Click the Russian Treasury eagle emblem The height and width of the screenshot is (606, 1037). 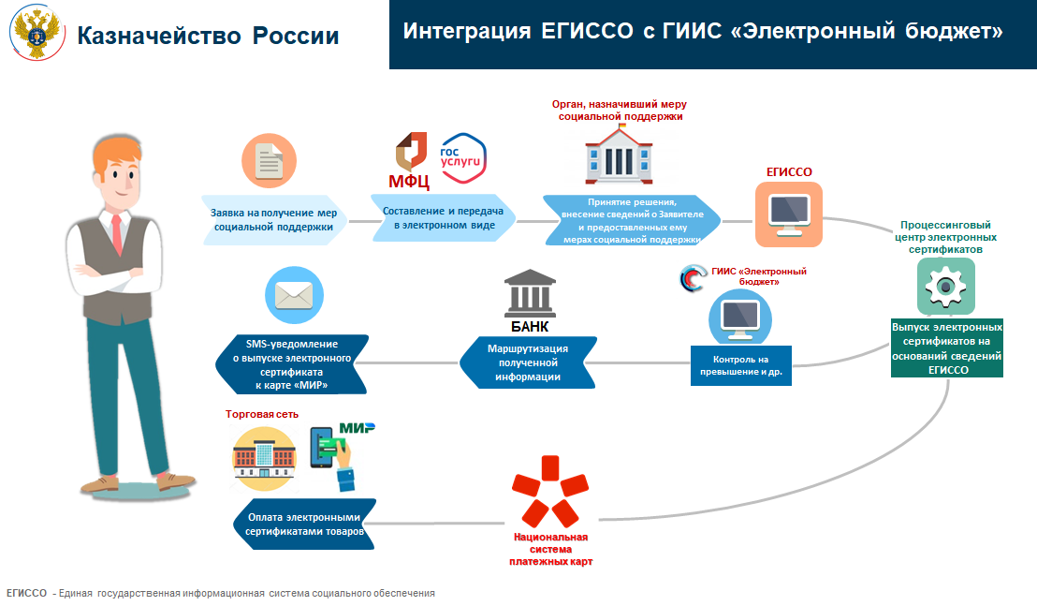pos(37,33)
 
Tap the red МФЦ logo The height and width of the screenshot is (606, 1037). pos(410,161)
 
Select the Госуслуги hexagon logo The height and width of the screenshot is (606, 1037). pos(462,158)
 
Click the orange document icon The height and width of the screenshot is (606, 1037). pos(269,161)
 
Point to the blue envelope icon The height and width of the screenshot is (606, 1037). pos(294,295)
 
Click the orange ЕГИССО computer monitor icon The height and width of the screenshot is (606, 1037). pos(789,215)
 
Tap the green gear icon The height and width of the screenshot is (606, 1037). pos(945,287)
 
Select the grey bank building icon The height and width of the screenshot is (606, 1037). pos(530,294)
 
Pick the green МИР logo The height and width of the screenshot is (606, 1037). pos(358,428)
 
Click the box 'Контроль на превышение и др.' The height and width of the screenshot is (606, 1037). pos(740,365)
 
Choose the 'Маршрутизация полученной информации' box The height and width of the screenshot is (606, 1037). pos(528,362)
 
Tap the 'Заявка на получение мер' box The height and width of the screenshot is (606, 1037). pos(274,220)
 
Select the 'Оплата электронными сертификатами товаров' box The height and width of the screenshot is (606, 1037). pos(304,524)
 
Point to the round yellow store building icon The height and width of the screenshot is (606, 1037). pos(264,458)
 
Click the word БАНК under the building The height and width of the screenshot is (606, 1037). pos(530,327)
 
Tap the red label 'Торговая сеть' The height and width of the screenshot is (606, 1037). pos(262,414)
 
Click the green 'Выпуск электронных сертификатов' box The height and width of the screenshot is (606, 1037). pos(947,348)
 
